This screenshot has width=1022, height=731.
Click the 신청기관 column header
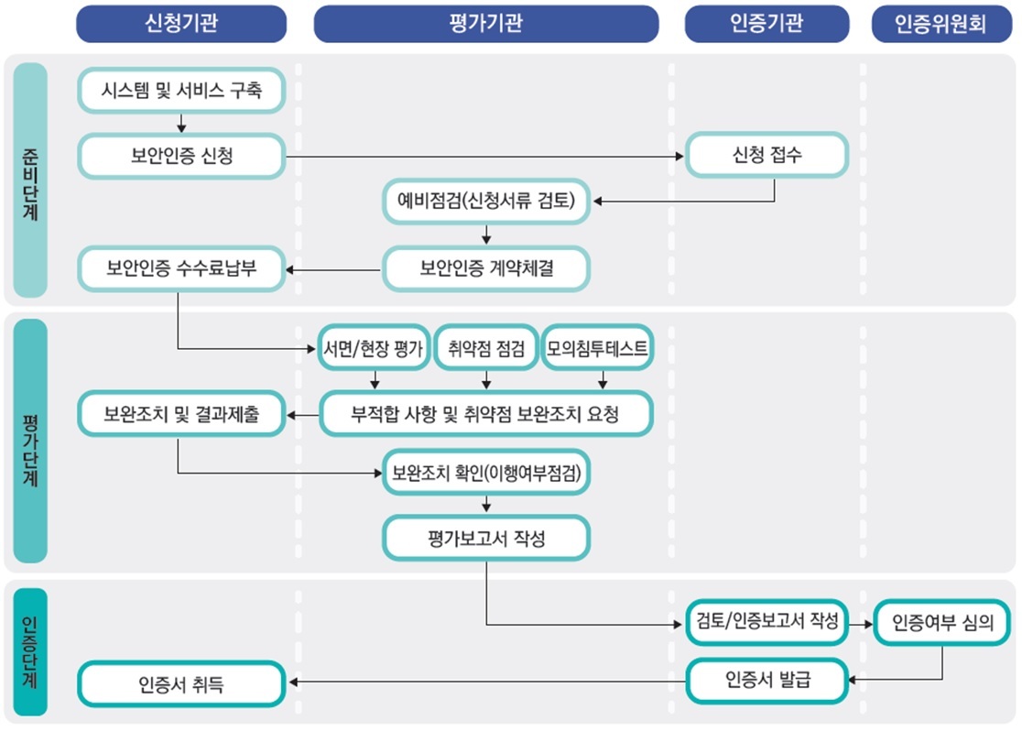181,24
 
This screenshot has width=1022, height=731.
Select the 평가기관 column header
486,24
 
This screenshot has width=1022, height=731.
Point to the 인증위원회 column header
941,24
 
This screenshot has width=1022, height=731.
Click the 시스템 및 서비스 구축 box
181,91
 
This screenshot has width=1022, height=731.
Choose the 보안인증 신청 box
181,156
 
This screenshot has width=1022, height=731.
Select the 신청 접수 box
767,156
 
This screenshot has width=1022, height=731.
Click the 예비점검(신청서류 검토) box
486,202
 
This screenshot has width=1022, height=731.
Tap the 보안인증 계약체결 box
486,269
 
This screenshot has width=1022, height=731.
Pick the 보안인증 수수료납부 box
181,269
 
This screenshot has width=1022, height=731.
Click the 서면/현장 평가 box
373,348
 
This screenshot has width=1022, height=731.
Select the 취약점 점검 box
486,348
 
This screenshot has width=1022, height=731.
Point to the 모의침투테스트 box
597,348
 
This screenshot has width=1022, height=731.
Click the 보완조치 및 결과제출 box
181,414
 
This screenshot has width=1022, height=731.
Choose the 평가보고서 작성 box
486,539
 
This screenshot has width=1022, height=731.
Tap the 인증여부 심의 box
941,623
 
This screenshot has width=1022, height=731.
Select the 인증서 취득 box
181,683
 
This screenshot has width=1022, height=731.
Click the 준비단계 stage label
30,180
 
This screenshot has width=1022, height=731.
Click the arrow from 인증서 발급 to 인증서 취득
485,681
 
